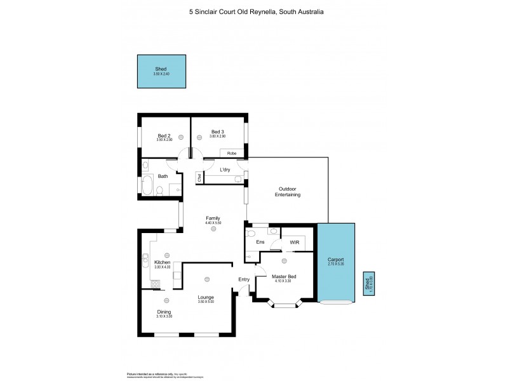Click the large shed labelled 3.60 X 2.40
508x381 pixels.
point(162,71)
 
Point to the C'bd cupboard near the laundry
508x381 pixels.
point(199,177)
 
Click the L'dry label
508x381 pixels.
point(224,170)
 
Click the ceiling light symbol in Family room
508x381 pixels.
point(213,231)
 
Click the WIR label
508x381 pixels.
point(294,242)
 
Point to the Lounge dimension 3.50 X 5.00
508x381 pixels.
point(205,302)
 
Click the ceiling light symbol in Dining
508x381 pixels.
point(165,300)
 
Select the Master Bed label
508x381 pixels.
point(284,276)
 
